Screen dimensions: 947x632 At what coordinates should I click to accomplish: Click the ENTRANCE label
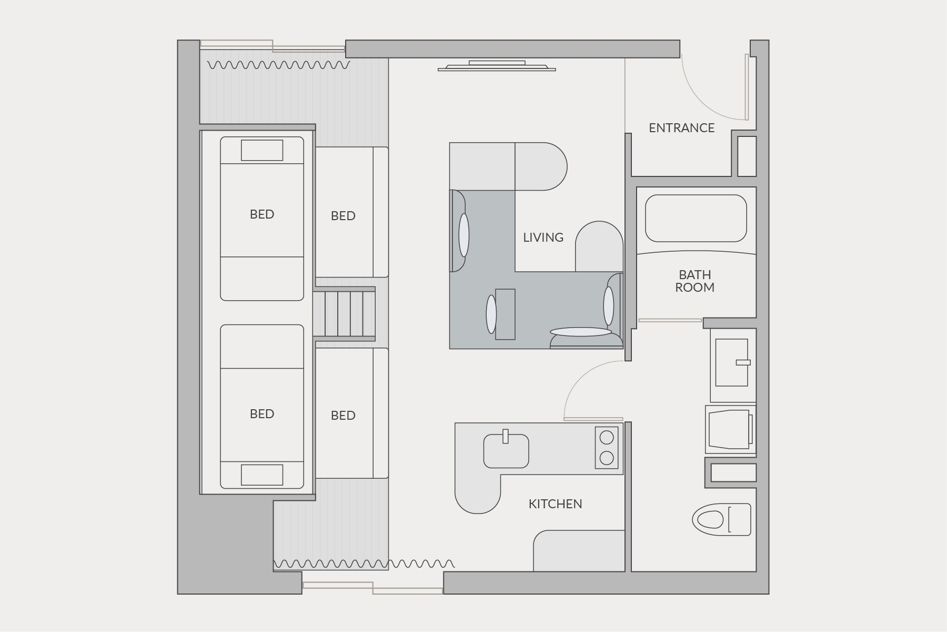point(681,128)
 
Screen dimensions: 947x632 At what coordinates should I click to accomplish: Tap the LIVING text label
point(543,238)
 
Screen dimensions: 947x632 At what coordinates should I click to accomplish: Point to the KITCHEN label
point(555,504)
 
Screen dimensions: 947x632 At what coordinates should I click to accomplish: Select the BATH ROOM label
point(694,281)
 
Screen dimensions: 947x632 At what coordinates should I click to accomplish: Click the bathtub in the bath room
point(696,218)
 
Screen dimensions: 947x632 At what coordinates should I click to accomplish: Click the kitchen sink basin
point(506,451)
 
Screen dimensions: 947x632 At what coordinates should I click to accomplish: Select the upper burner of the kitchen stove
point(607,437)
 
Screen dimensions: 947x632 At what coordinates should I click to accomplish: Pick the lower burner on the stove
point(607,458)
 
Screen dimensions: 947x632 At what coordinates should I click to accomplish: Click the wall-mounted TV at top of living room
point(497,66)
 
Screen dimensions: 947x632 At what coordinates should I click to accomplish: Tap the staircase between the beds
point(344,314)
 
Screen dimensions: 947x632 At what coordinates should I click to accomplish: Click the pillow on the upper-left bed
point(262,150)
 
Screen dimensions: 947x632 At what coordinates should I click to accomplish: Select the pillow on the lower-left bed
point(262,475)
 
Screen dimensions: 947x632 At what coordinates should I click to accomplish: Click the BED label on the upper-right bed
point(343,216)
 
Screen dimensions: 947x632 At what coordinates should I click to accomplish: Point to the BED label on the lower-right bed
point(343,416)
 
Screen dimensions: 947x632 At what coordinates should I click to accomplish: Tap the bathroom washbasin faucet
point(743,362)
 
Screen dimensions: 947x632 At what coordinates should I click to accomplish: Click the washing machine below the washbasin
point(731,429)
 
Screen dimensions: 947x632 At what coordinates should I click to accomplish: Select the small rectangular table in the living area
point(505,314)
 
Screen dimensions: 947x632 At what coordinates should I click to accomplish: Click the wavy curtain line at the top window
point(279,65)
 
